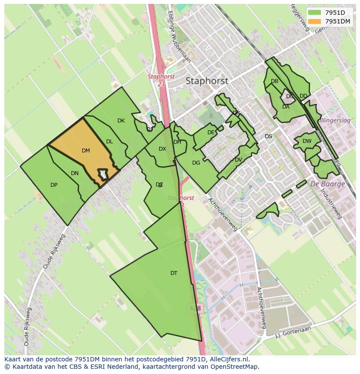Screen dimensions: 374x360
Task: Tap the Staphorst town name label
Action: [207, 81]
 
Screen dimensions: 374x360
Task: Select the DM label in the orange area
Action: [86, 151]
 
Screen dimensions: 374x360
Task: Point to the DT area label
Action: [174, 273]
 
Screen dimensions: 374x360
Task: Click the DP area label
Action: [54, 185]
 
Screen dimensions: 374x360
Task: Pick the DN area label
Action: [75, 173]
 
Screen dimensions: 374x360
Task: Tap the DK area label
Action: [121, 121]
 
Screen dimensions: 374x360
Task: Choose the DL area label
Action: [110, 142]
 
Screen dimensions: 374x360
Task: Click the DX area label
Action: [162, 149]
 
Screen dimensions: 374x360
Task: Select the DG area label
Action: [196, 163]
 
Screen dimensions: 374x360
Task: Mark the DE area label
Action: [211, 132]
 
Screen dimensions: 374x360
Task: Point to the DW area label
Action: [307, 141]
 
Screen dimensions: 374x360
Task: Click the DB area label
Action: [274, 81]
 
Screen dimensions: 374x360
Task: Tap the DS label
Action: [268, 136]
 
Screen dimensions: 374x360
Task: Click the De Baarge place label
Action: [327, 184]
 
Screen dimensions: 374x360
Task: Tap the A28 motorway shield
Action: [195, 308]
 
